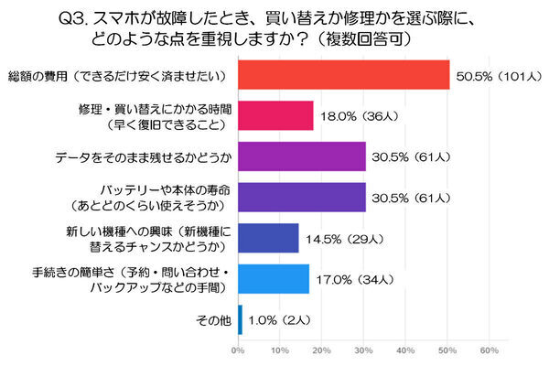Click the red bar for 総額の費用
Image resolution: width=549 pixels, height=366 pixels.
click(x=343, y=74)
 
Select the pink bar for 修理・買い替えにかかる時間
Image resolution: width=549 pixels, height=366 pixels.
click(x=275, y=115)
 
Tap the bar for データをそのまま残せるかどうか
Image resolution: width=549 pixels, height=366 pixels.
click(x=302, y=156)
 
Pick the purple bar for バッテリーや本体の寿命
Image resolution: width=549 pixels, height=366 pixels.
click(x=302, y=196)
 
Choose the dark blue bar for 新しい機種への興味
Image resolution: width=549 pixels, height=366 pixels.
click(x=268, y=237)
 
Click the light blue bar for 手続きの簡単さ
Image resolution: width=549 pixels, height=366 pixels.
click(x=274, y=278)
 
